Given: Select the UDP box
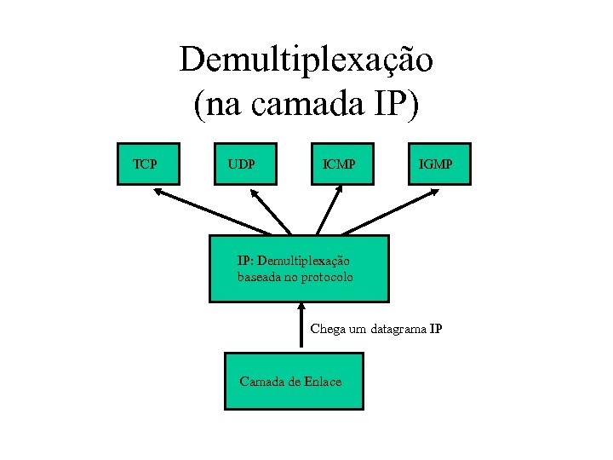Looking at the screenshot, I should pyautogui.click(x=245, y=162).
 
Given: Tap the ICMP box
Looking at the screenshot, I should pyautogui.click(x=342, y=162).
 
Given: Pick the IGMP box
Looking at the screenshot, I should pyautogui.click(x=437, y=162).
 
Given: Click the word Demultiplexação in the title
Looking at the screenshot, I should pyautogui.click(x=306, y=60).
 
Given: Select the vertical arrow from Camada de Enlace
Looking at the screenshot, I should pyautogui.click(x=301, y=326).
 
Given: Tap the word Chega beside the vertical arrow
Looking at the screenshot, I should pyautogui.click(x=326, y=328).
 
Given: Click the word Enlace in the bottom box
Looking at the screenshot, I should pyautogui.click(x=323, y=382).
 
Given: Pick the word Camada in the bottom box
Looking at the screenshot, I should pyautogui.click(x=262, y=382).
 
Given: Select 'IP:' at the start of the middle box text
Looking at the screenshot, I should pyautogui.click(x=244, y=261).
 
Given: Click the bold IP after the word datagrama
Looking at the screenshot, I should pyautogui.click(x=436, y=329).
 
